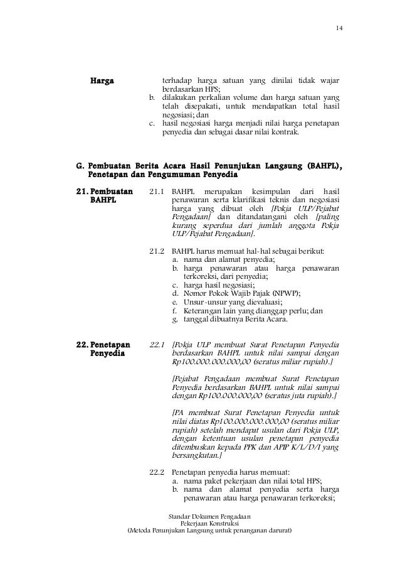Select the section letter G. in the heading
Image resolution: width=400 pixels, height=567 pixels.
point(80,166)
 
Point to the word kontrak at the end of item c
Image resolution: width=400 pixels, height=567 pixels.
point(287,133)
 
